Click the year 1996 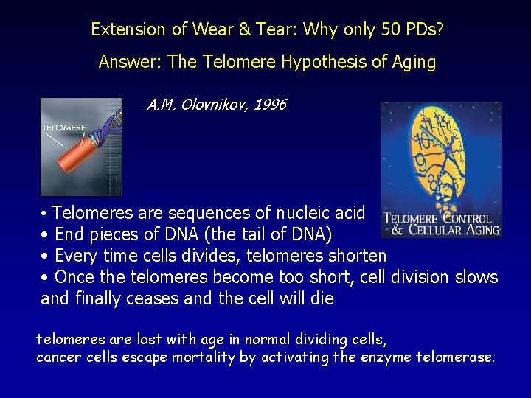coord(269,105)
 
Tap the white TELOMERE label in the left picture coord(63,128)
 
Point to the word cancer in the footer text coord(57,357)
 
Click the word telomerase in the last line coord(457,357)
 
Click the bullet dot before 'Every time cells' coord(45,256)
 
